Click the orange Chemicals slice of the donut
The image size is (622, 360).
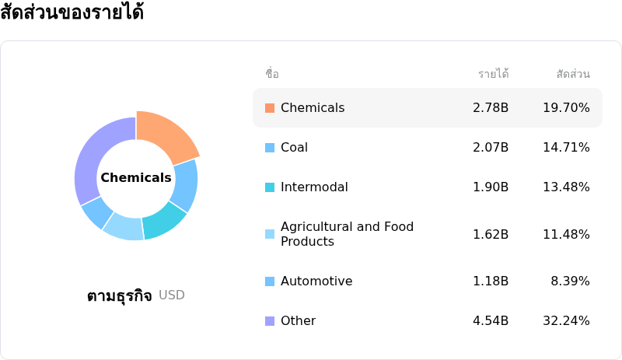point(166,135)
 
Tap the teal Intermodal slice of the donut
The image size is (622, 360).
point(163,221)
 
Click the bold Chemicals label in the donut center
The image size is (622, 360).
point(136,177)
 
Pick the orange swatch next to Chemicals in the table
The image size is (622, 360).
point(270,108)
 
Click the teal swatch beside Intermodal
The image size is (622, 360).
point(270,187)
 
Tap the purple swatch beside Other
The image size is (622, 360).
point(270,320)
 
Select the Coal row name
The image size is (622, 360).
point(294,147)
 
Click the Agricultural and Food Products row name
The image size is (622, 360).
point(347,234)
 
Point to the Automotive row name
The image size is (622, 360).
point(316,281)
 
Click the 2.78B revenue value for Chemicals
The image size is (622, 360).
point(491,107)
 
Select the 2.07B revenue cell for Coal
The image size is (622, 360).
point(491,147)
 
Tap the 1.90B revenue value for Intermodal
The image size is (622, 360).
point(491,187)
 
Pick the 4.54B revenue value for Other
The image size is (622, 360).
point(491,320)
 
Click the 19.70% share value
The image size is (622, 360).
point(566,107)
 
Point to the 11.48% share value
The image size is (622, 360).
point(566,234)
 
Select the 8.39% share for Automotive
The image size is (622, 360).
point(570,281)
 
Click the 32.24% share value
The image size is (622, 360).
point(566,320)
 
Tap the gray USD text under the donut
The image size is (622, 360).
point(172,295)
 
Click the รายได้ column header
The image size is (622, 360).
point(494,73)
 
